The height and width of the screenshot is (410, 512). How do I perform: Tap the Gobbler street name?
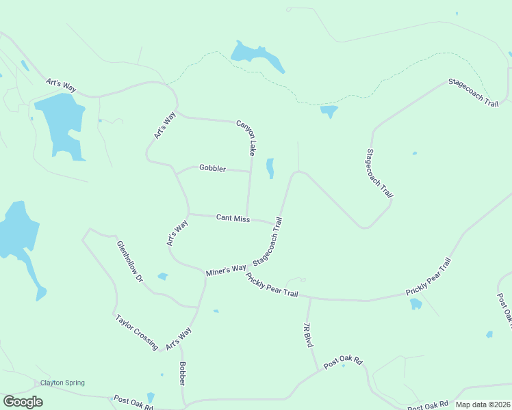tap(212, 167)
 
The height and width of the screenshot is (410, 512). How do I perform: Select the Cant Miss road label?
tap(233, 218)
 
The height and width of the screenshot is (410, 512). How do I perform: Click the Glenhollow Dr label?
tap(130, 262)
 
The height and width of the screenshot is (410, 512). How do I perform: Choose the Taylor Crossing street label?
tap(137, 331)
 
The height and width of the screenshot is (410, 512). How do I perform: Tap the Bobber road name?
tap(183, 373)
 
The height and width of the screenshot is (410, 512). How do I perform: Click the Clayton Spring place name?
tap(62, 383)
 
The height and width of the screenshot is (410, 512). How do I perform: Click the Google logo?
tap(23, 402)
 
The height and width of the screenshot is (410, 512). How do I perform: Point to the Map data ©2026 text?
tap(483, 405)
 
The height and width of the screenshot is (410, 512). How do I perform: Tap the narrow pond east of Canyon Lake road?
tap(270, 168)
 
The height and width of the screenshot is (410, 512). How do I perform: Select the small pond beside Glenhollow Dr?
tap(163, 277)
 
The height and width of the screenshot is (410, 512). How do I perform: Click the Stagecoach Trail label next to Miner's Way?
tap(268, 242)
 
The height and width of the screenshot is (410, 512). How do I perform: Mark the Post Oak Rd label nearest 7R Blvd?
tap(342, 361)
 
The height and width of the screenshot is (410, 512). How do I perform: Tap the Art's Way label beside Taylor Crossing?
tap(179, 339)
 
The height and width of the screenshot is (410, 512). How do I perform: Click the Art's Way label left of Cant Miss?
tap(177, 233)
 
